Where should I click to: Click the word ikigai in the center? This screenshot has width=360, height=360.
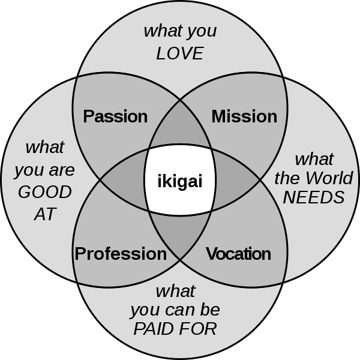coord(179,180)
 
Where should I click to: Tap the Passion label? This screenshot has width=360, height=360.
coord(115,116)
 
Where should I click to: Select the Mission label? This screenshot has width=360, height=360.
coord(244,116)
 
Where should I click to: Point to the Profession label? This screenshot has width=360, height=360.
coord(121,254)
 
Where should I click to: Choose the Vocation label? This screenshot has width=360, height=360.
coord(238,254)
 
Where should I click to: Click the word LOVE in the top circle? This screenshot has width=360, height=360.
coord(180,53)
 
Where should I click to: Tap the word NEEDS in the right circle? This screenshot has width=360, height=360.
coord(314,197)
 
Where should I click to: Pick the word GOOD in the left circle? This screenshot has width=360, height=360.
coord(44,193)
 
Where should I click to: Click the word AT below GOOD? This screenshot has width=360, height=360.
coord(44,213)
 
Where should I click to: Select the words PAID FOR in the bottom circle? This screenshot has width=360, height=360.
coord(175,329)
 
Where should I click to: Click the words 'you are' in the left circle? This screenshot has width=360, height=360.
coord(44,170)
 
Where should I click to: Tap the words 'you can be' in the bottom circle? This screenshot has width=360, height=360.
coord(175,310)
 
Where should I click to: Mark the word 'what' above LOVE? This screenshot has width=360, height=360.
coord(180,31)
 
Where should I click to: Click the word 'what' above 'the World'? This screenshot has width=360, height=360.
coord(314,159)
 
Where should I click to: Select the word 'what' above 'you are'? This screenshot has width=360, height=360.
coord(44,147)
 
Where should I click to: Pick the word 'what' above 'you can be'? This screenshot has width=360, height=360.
coord(175,292)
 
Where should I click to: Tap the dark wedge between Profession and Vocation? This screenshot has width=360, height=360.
coord(180,234)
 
